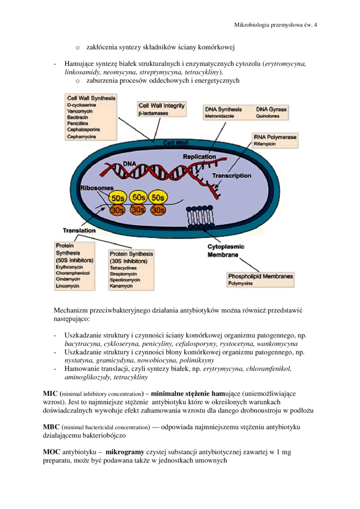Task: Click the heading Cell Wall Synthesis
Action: (x=91, y=98)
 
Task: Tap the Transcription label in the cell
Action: (x=232, y=176)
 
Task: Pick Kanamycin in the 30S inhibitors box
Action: (x=121, y=286)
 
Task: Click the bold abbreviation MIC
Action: (x=50, y=393)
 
